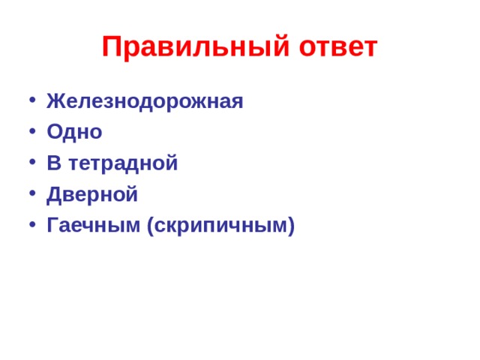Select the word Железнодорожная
coord(145,101)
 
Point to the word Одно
coord(74,132)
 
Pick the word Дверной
coord(92,194)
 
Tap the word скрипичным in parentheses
coord(220,225)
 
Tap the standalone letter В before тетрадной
coord(53,163)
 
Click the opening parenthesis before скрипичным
coord(151,226)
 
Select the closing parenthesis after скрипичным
coord(291,226)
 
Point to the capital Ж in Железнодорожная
coord(55,101)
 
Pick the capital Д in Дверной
coord(54,194)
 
